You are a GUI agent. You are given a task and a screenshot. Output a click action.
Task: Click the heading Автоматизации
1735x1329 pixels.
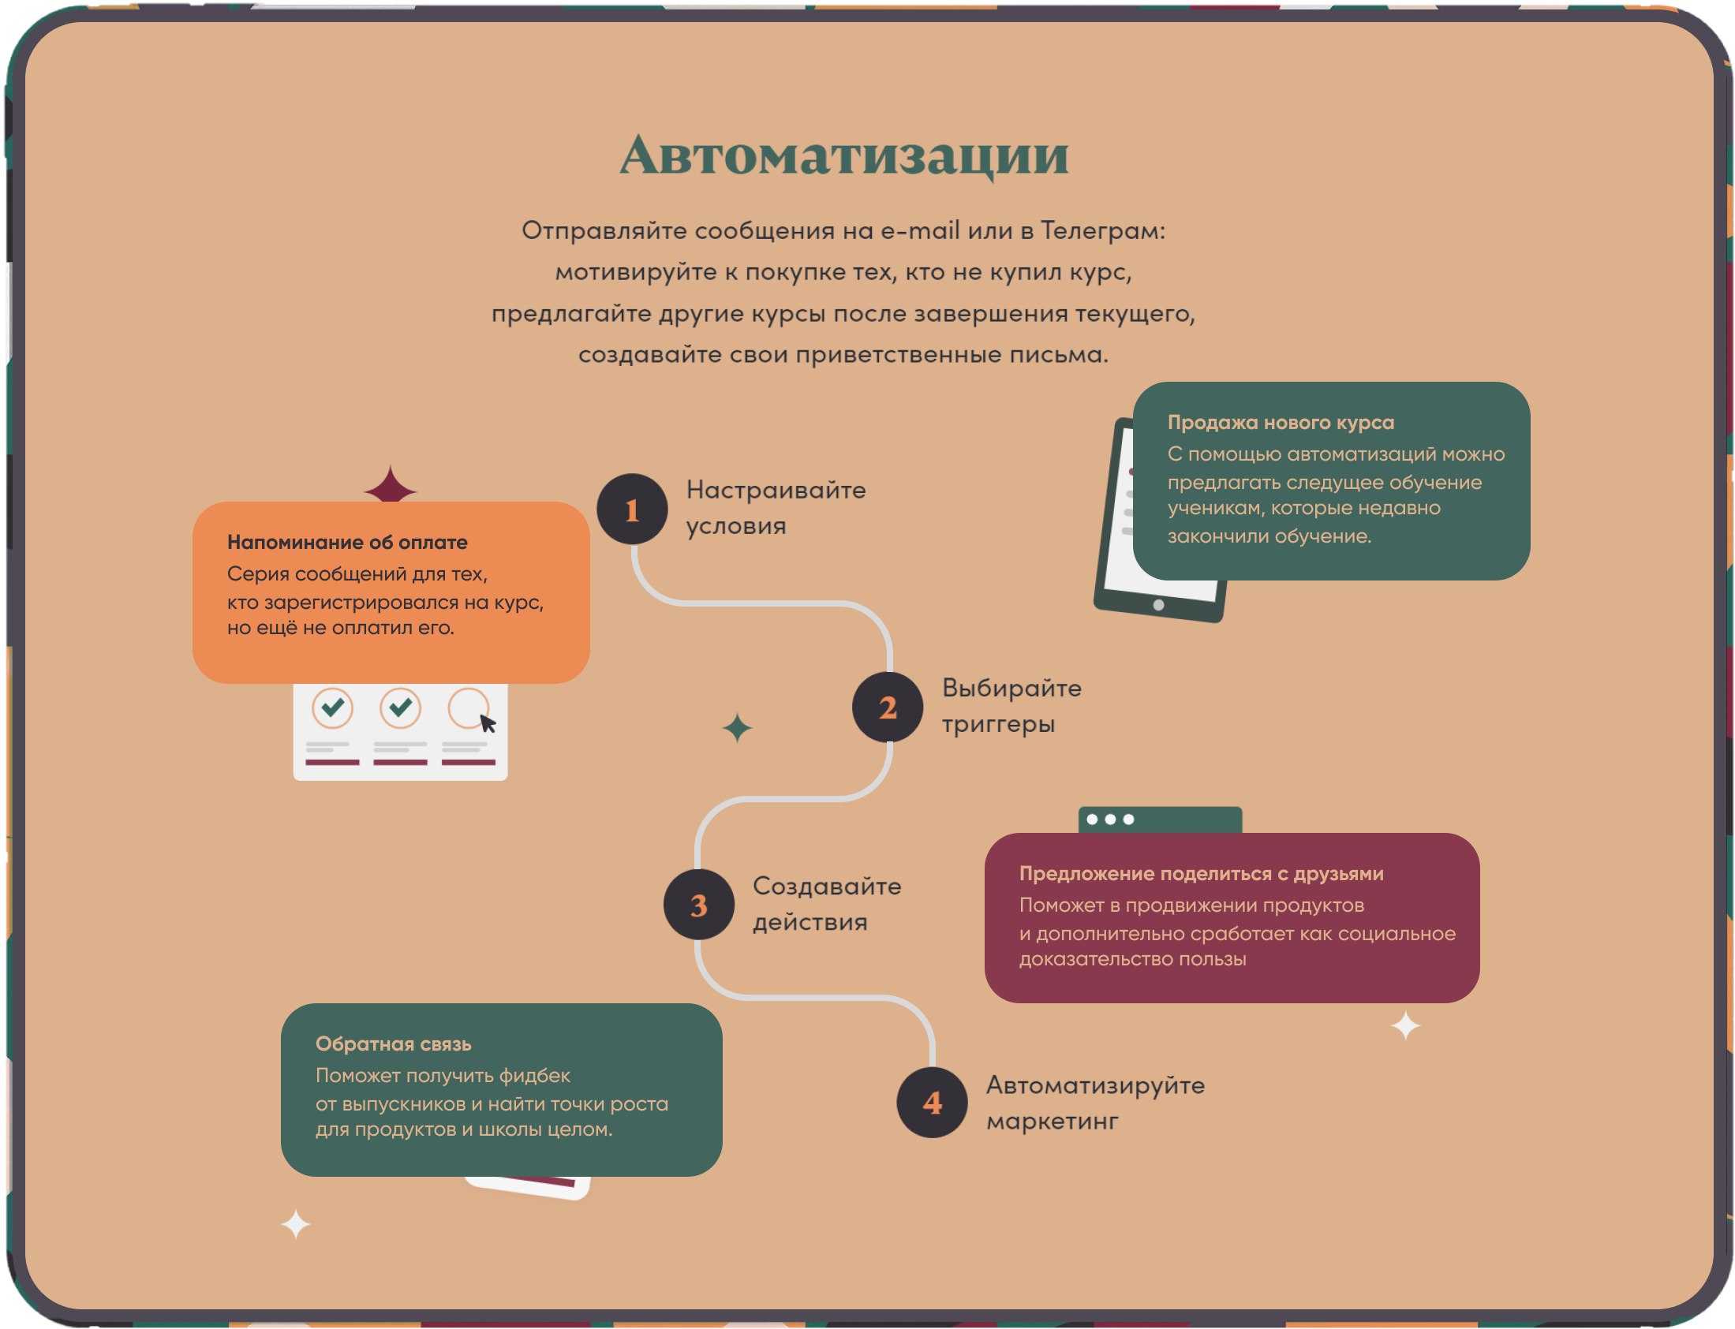point(843,155)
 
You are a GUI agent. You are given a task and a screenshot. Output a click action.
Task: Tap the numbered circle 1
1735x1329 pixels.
point(632,509)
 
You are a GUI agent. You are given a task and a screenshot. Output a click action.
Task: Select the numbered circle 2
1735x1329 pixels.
point(887,707)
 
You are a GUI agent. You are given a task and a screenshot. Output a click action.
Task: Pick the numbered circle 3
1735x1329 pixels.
point(698,904)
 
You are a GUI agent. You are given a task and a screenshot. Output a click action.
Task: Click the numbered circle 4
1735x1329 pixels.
point(932,1102)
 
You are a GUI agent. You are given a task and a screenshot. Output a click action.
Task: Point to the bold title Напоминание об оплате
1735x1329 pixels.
point(347,542)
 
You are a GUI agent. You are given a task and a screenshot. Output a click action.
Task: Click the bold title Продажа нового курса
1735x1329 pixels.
point(1280,423)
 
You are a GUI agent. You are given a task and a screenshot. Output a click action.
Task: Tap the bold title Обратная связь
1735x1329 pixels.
point(393,1043)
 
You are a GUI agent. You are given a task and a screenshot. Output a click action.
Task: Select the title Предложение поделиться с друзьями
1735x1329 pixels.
point(1201,873)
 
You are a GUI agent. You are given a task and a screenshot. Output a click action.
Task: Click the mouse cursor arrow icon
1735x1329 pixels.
point(488,723)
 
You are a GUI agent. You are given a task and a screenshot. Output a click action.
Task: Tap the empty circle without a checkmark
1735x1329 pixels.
point(468,707)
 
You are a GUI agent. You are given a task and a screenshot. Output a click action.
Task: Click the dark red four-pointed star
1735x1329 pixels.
point(390,489)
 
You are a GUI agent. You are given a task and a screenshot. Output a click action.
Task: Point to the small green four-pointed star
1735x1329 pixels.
point(738,728)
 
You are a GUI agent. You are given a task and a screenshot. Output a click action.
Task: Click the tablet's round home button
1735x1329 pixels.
point(1158,605)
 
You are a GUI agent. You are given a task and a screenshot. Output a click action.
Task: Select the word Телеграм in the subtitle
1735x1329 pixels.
point(1102,230)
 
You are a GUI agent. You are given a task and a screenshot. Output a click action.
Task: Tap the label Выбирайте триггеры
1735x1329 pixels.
point(1010,706)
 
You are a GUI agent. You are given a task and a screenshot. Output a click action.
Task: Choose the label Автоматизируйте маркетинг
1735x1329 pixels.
point(1094,1102)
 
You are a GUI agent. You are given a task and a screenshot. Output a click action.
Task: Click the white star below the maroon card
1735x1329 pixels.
point(1405,1026)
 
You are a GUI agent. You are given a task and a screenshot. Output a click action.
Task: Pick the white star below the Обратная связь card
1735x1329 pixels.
point(296,1224)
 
